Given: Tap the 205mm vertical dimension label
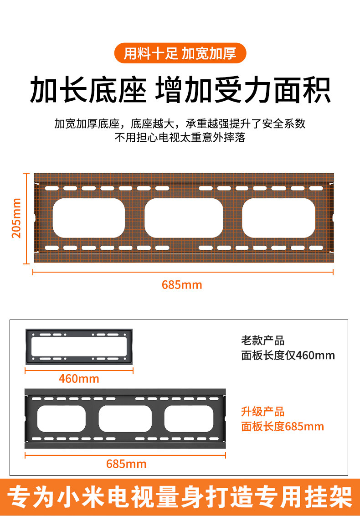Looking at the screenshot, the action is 16,217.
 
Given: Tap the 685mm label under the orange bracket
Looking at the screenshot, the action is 182,285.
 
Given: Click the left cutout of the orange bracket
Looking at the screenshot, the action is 89,218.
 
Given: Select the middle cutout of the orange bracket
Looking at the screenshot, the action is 184,218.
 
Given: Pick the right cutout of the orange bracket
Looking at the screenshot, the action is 278,218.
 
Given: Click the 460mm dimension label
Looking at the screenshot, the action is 79,379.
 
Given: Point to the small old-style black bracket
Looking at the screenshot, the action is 79,346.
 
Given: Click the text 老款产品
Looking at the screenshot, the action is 262,341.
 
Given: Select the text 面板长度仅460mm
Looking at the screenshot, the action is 288,355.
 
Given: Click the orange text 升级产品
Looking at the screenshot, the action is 262,412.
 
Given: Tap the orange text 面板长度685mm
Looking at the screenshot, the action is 282,427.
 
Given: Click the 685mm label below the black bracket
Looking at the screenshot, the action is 126,464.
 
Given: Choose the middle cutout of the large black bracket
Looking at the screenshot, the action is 125,419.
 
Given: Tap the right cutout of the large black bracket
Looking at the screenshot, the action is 189,419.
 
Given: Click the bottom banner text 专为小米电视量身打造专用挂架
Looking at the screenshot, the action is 180,496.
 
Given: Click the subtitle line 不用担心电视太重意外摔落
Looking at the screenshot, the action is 180,138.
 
